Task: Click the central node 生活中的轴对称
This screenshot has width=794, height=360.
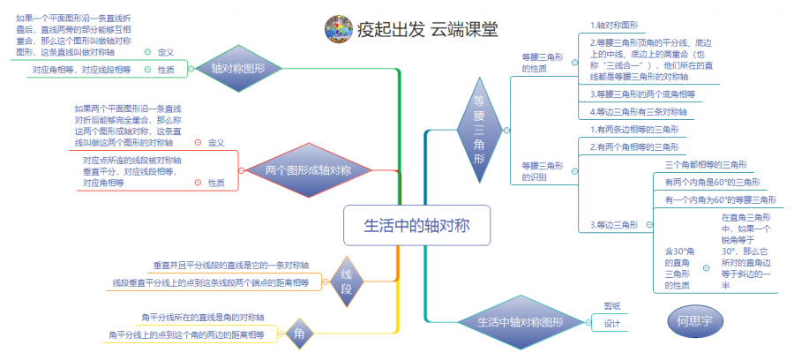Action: click(x=416, y=226)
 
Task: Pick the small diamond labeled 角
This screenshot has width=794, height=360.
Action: click(x=300, y=333)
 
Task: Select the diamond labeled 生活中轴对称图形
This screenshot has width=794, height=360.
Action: click(x=521, y=322)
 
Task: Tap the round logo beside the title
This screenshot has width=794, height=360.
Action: click(x=338, y=29)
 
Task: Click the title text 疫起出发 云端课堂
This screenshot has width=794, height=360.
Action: click(x=428, y=29)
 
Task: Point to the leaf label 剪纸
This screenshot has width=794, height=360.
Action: click(x=612, y=305)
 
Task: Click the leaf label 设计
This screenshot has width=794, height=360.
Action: click(x=612, y=324)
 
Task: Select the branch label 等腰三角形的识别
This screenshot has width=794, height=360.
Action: click(x=543, y=170)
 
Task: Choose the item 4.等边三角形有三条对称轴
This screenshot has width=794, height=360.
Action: click(x=638, y=111)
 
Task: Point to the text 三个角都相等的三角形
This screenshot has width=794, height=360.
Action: click(x=706, y=164)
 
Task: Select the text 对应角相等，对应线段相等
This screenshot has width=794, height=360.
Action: click(x=81, y=69)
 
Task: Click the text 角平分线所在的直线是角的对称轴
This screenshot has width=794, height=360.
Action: click(x=203, y=317)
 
